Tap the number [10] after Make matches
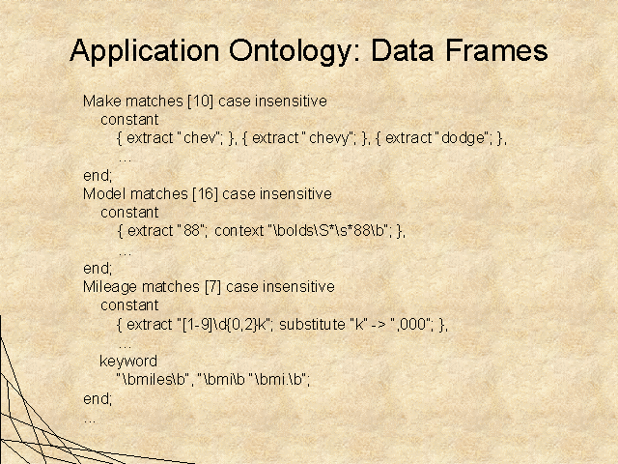[201, 101]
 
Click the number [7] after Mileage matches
[213, 287]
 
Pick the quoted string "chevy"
[329, 138]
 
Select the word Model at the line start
[104, 194]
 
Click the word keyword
[128, 362]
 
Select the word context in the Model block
[239, 231]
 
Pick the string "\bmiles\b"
[153, 380]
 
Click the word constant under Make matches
[129, 120]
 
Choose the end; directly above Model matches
[98, 176]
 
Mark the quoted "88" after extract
[192, 231]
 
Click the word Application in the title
[144, 51]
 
